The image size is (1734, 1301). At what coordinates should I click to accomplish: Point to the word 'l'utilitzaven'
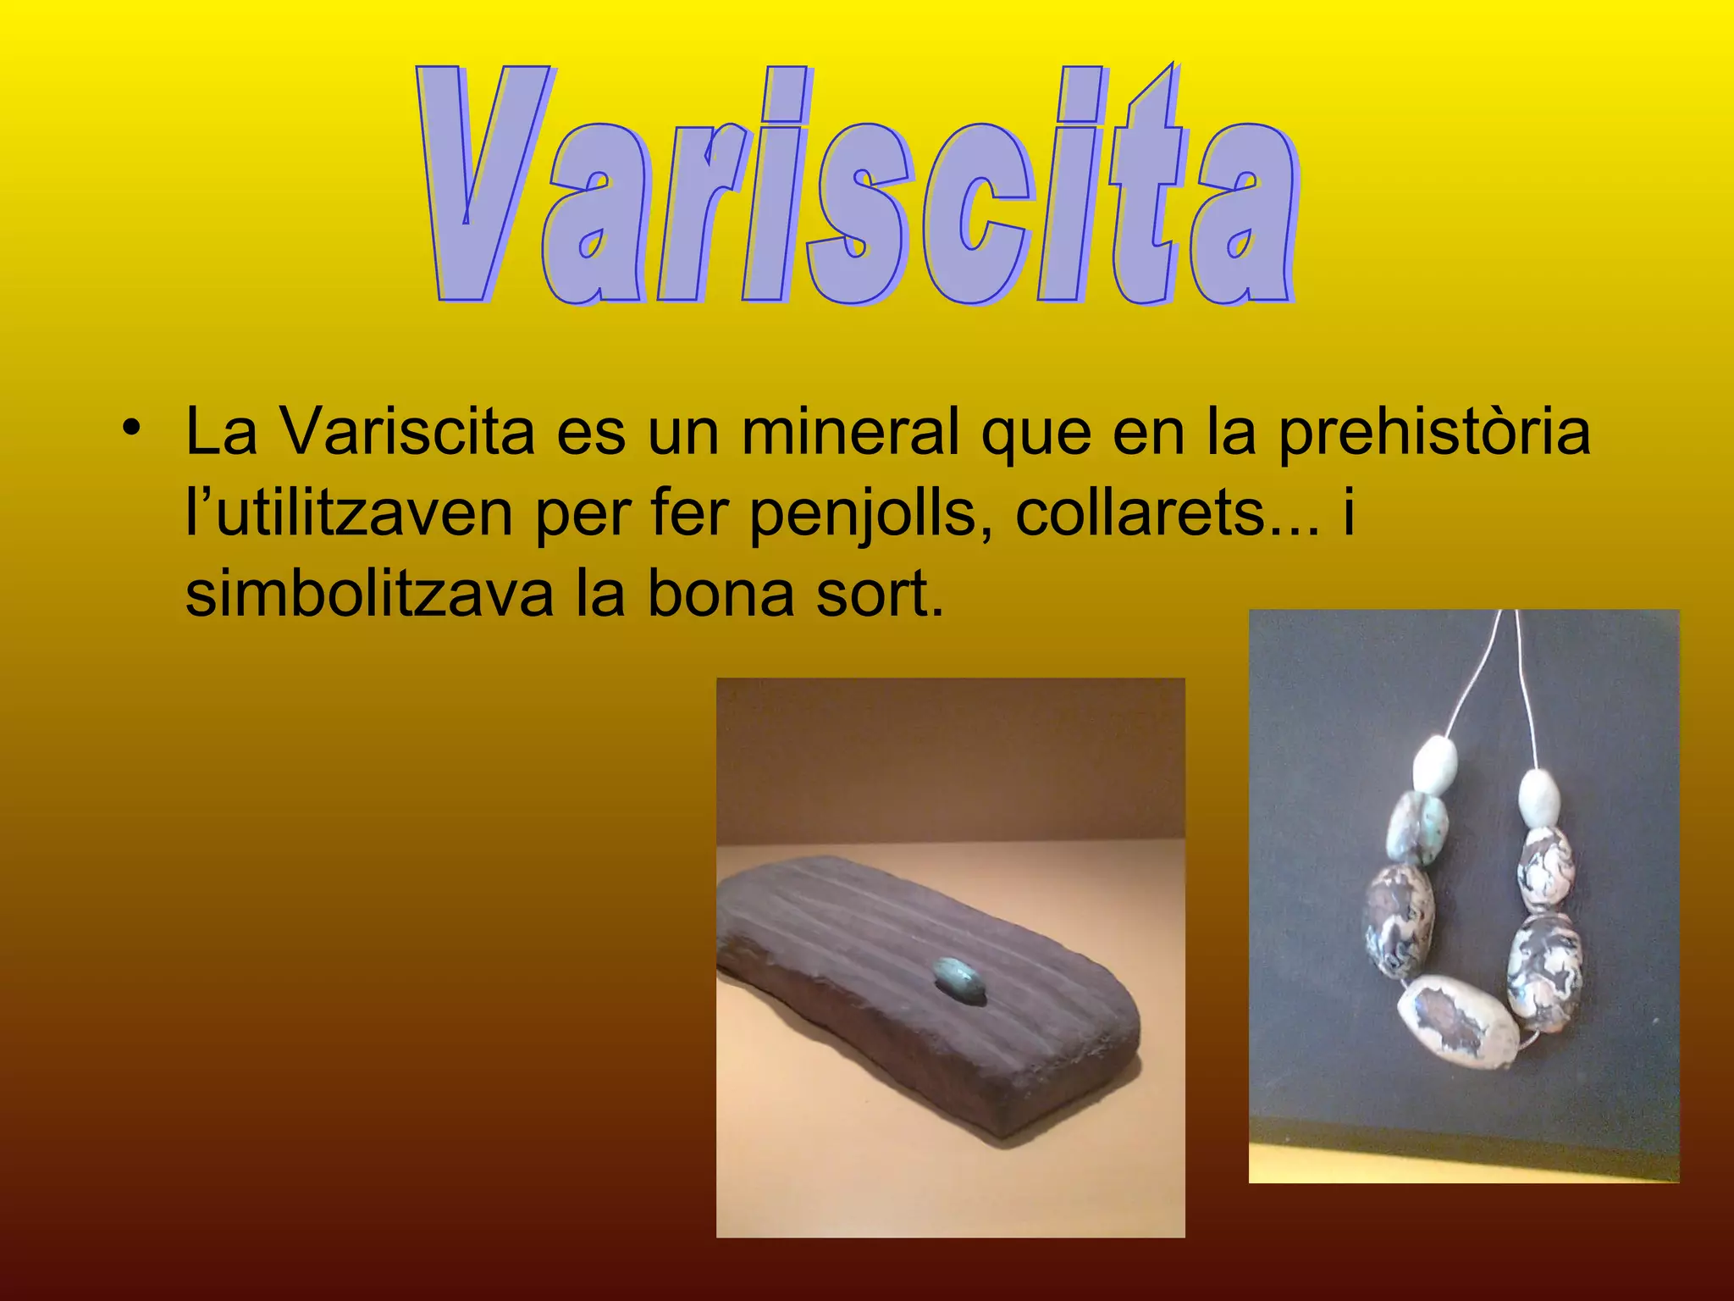tap(348, 515)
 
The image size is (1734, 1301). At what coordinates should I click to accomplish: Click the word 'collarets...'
tap(1168, 513)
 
